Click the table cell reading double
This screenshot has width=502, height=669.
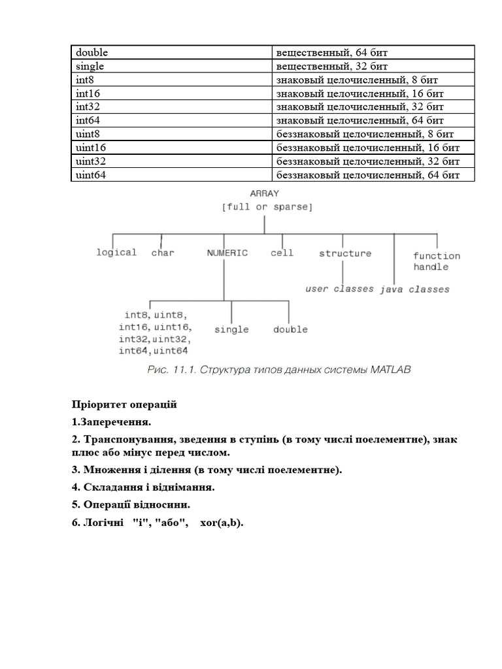(x=171, y=52)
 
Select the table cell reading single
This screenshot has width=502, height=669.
(x=171, y=66)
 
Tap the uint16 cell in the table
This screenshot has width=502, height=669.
(x=171, y=148)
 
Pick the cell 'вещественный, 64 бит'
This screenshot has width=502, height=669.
(x=373, y=52)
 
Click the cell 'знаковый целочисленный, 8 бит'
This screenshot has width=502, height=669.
(x=373, y=80)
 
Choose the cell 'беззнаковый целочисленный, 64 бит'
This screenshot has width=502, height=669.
(x=373, y=175)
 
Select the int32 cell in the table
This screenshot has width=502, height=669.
(x=171, y=106)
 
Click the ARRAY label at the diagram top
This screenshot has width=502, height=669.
(x=265, y=193)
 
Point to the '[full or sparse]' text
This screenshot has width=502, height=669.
(x=267, y=207)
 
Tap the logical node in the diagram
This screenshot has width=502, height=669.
(x=116, y=253)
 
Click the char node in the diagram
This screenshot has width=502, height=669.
(x=163, y=253)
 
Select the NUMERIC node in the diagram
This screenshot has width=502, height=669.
(x=227, y=253)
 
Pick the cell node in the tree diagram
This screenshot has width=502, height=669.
(x=282, y=253)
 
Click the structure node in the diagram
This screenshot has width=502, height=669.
(x=345, y=253)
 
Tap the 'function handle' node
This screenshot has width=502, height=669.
(x=436, y=261)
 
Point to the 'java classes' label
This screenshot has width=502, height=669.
(x=414, y=289)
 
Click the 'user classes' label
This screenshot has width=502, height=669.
(x=340, y=289)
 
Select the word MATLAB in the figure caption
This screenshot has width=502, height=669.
(x=390, y=370)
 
